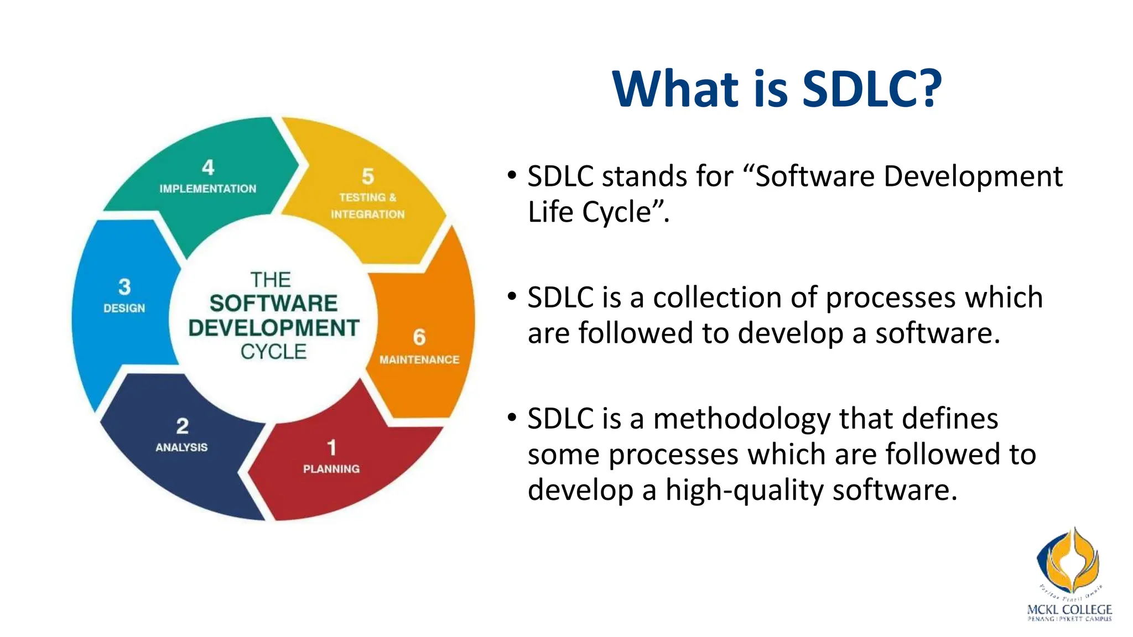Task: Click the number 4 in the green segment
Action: pos(208,167)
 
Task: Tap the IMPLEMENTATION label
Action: pos(208,189)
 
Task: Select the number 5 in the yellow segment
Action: pos(368,176)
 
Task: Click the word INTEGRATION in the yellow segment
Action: pos(368,214)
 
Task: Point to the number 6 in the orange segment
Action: pos(419,337)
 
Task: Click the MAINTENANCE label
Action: pos(419,360)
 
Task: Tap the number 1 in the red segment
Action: pos(331,447)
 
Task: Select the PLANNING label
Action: pos(331,469)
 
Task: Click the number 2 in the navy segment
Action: pos(182,426)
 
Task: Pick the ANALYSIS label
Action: pos(181,447)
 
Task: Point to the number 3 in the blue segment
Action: pos(124,286)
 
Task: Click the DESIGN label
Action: pos(124,308)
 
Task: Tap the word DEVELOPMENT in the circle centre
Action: pos(274,328)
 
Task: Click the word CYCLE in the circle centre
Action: pos(273,352)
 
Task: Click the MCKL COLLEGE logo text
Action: pos(1069,609)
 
